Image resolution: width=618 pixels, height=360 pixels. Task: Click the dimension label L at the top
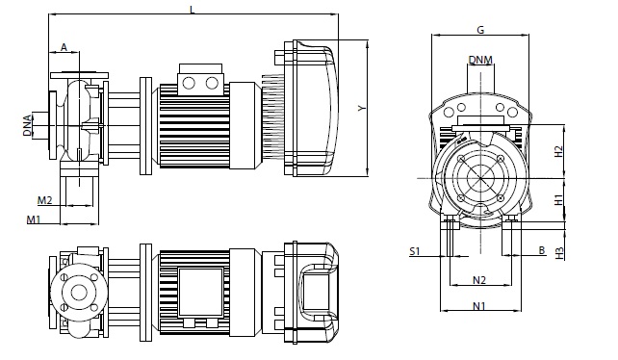click(x=193, y=10)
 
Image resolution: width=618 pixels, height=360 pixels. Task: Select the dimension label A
click(x=64, y=48)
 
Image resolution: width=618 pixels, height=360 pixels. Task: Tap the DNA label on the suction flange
click(x=27, y=125)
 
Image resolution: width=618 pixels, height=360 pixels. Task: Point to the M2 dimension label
click(x=45, y=200)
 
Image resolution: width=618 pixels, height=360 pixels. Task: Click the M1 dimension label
click(x=34, y=219)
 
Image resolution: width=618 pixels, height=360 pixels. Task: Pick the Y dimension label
click(x=362, y=108)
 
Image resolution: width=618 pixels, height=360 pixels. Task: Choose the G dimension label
click(x=480, y=30)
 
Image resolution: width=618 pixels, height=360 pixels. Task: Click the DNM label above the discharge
click(x=480, y=60)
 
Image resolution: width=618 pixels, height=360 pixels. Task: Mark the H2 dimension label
click(x=559, y=151)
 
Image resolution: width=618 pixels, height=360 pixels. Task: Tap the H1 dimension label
click(x=559, y=199)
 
